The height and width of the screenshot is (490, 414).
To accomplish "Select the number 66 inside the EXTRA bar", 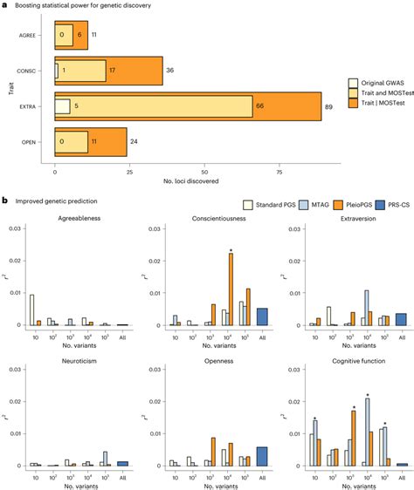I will pos(283,106).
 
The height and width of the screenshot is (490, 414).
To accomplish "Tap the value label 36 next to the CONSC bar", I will pos(171,71).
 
